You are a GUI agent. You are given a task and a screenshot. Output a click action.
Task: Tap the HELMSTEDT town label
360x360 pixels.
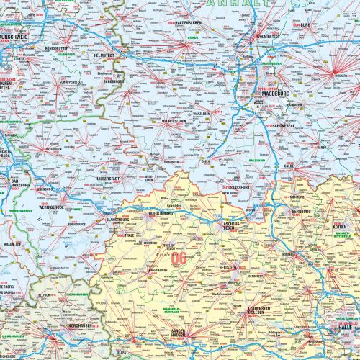[x=104, y=55]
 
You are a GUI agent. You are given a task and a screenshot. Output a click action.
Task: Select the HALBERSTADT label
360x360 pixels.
[x=107, y=177]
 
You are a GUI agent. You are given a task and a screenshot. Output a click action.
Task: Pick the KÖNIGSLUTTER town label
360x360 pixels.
[x=56, y=48]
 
